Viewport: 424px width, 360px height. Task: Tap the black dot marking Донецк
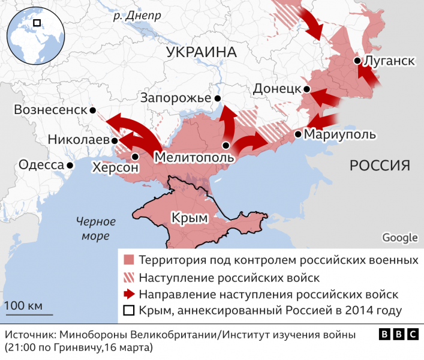pos(306,89)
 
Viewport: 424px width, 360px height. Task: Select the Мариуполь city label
pos(340,134)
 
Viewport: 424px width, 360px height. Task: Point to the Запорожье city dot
pos(217,98)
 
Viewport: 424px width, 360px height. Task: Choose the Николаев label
pos(79,139)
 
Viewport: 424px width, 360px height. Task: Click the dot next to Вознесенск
pos(93,110)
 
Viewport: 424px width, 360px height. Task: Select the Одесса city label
pos(41,165)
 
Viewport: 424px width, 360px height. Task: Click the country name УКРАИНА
pos(202,52)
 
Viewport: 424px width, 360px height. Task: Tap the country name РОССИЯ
pos(380,166)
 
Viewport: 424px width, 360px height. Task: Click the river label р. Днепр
pos(137,16)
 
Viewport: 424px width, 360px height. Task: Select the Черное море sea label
pos(94,229)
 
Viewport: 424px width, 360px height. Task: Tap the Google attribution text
pos(399,238)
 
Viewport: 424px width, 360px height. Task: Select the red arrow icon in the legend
pos(128,294)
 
